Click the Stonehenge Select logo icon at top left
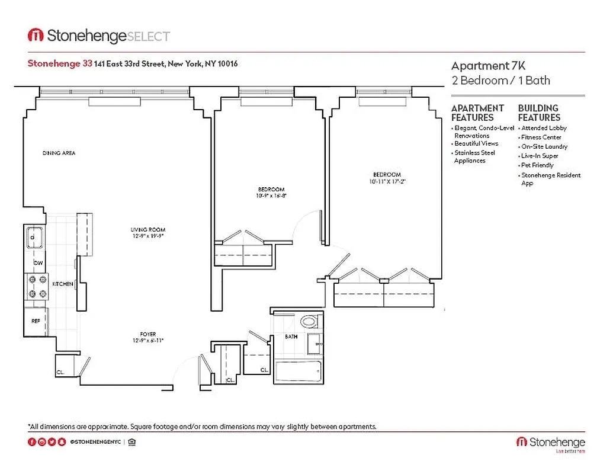(x=36, y=36)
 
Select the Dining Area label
(x=59, y=153)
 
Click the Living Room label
(x=147, y=229)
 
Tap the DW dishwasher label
(x=38, y=262)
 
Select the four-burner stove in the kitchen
(x=36, y=287)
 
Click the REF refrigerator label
(x=36, y=321)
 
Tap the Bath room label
(x=291, y=337)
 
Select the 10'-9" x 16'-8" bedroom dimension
(x=271, y=196)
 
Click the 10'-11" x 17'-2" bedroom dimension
(x=387, y=181)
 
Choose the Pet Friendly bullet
(x=537, y=165)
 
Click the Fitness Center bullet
(x=541, y=137)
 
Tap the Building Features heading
(x=538, y=113)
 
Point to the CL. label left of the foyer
(x=61, y=373)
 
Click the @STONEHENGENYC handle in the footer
(x=95, y=442)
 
